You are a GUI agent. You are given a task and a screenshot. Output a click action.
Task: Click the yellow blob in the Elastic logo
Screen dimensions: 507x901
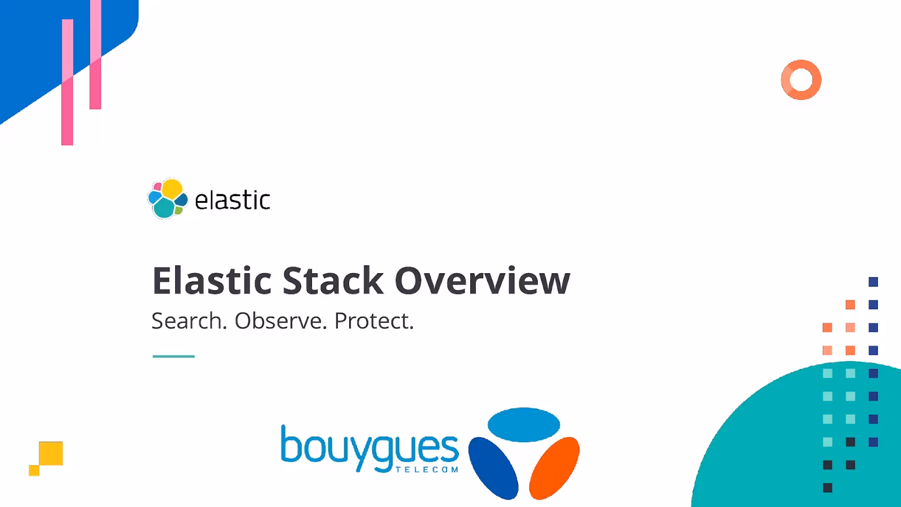[x=172, y=189]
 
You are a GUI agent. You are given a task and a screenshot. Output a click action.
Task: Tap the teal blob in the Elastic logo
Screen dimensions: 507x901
[x=164, y=208]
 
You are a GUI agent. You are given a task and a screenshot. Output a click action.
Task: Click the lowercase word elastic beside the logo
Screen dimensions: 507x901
[x=232, y=201]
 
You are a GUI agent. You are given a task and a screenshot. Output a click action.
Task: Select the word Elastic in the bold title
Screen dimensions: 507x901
[x=212, y=281]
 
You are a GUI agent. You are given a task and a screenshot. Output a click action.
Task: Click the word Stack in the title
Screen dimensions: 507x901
[x=333, y=281]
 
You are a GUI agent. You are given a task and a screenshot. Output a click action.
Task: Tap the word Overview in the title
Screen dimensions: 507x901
[x=482, y=281]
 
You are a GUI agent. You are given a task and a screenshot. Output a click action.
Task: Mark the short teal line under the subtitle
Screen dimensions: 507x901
[x=173, y=356]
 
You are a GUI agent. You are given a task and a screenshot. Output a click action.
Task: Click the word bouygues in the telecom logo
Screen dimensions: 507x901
[x=369, y=448]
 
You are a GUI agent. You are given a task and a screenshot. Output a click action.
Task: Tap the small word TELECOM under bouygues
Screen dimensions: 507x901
[x=427, y=469]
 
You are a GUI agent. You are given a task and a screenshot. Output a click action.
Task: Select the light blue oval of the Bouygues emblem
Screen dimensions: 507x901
[x=524, y=425]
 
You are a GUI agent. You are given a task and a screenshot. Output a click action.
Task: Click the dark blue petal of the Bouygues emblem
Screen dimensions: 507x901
[x=493, y=468]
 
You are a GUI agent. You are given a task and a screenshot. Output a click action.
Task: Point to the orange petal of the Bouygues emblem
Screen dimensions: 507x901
[x=555, y=468]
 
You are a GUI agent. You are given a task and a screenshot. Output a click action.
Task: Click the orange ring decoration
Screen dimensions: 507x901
[x=801, y=80]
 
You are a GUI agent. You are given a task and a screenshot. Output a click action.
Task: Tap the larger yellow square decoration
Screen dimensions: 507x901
[x=51, y=453]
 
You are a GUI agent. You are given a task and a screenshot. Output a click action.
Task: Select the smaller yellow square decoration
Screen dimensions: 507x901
[x=34, y=470]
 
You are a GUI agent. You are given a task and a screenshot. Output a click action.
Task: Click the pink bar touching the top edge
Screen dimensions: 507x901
[x=95, y=56]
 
